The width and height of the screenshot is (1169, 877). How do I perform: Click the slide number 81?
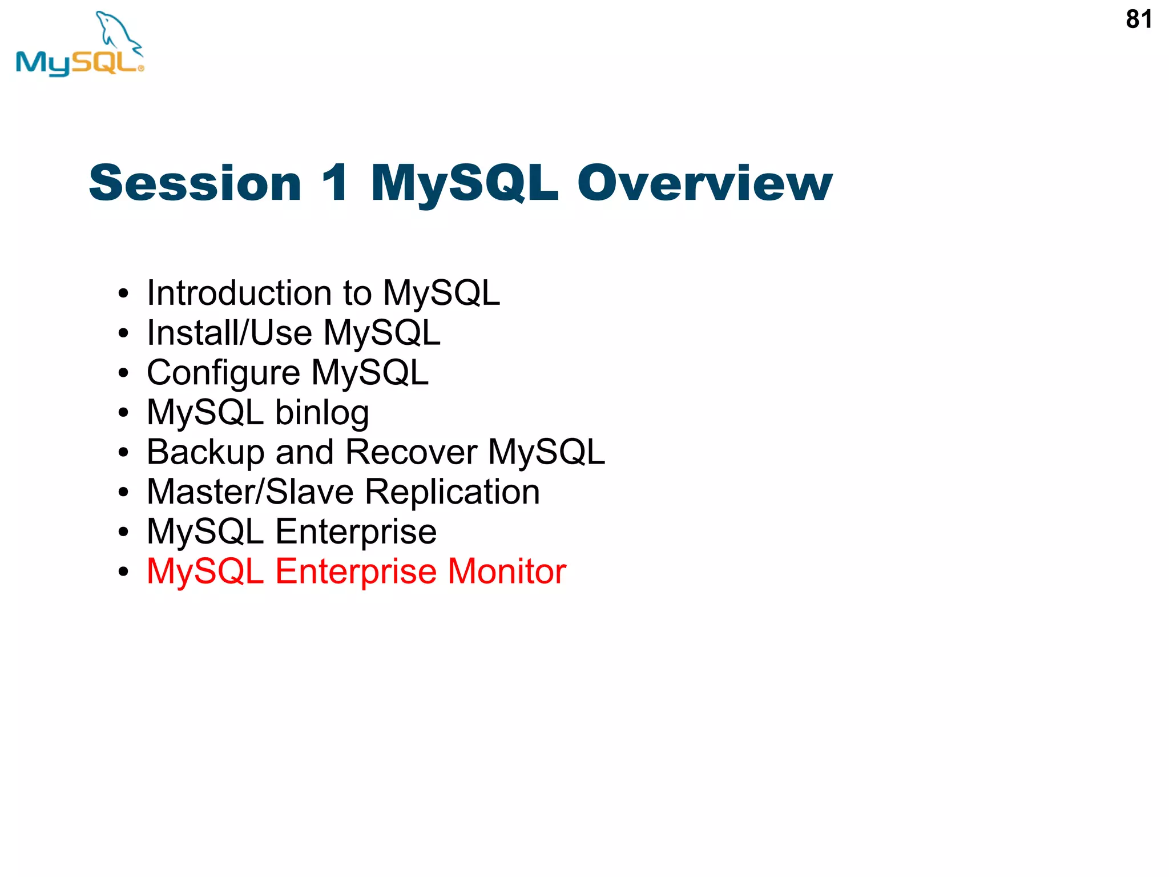(x=1138, y=19)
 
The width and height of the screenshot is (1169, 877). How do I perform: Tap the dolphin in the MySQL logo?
(x=117, y=31)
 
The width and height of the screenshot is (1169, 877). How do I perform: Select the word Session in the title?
(x=195, y=183)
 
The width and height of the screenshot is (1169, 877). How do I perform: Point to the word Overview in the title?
(x=704, y=183)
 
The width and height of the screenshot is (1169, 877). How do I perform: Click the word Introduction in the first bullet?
(x=239, y=293)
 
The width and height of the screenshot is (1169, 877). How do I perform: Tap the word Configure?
(x=223, y=373)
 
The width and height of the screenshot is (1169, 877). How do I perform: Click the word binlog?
(x=322, y=413)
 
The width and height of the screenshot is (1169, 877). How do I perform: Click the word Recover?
(x=411, y=452)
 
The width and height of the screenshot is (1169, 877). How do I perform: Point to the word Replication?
(x=452, y=493)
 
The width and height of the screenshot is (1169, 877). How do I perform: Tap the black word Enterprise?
(x=356, y=532)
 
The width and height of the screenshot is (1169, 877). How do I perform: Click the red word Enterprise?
(x=356, y=572)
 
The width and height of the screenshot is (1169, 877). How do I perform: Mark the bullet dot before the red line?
(x=123, y=572)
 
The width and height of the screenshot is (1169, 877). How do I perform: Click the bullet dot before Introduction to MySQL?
(x=123, y=294)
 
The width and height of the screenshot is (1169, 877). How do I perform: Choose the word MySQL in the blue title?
(x=464, y=183)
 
